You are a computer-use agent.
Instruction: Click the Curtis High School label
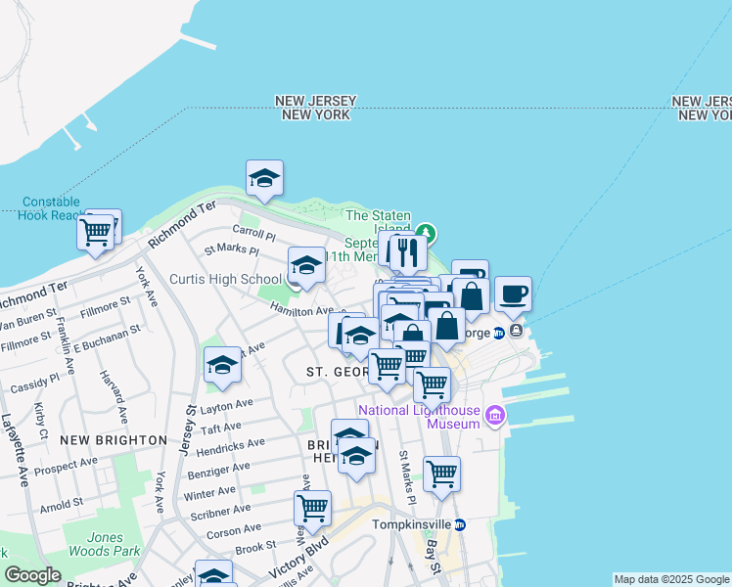[x=226, y=280]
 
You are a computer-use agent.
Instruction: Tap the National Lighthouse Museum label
[x=419, y=417]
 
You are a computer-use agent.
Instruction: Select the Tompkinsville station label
[x=415, y=524]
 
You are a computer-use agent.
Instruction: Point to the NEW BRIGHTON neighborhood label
[x=113, y=440]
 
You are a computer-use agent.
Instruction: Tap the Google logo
[x=31, y=575]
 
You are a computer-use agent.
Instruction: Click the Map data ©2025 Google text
[x=672, y=579]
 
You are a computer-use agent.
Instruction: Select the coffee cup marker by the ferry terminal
[x=513, y=293]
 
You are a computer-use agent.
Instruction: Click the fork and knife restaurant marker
[x=407, y=252]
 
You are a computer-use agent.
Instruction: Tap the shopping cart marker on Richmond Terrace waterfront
[x=95, y=233]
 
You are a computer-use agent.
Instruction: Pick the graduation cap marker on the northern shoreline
[x=264, y=178]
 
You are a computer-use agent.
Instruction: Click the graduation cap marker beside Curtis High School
[x=306, y=265]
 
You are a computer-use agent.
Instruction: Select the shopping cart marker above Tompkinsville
[x=441, y=474]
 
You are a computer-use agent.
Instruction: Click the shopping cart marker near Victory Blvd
[x=312, y=508]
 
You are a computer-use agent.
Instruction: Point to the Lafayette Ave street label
[x=14, y=446]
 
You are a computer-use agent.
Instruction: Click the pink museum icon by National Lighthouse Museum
[x=494, y=418]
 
